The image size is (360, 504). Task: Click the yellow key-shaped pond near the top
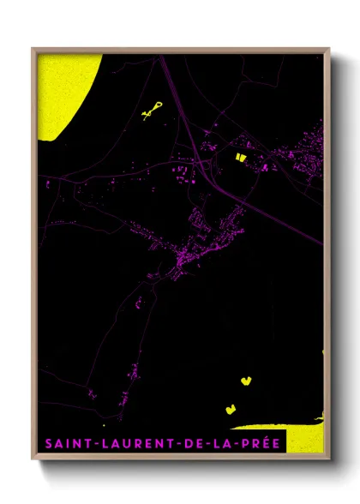point(153,110)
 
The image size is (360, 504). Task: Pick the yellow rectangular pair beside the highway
point(240,157)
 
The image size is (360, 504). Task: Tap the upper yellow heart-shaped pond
point(246,378)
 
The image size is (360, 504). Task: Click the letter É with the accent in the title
point(269,443)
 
